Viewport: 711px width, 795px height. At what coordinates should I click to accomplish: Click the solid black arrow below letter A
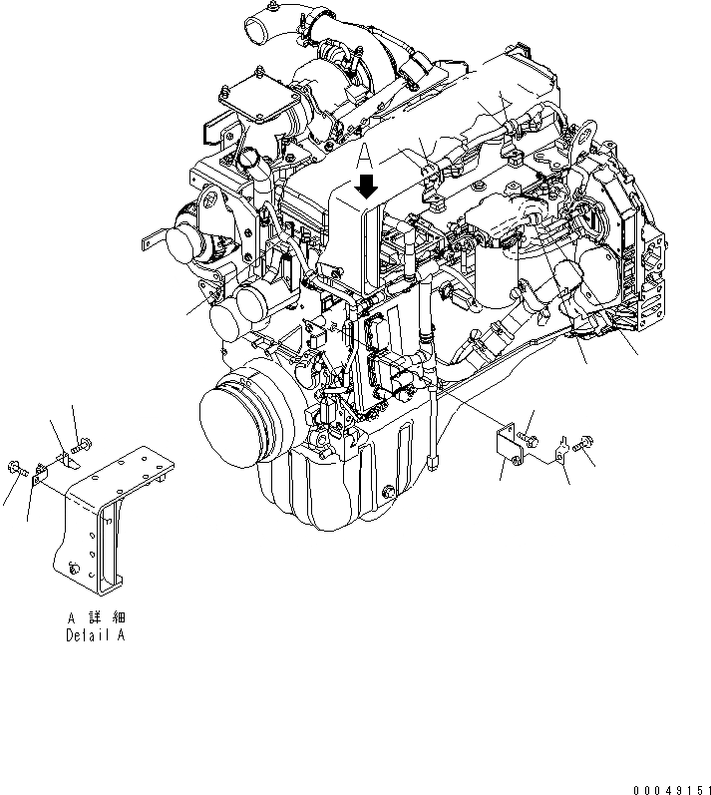coord(367,186)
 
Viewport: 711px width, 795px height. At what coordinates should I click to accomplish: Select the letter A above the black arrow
coord(366,157)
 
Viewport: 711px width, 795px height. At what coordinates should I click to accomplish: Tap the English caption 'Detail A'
coord(96,634)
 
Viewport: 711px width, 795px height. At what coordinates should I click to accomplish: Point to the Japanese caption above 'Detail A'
coord(96,618)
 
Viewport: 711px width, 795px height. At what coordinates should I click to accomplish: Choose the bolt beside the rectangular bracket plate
coord(527,435)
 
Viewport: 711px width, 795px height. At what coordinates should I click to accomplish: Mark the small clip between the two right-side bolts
coord(560,447)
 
